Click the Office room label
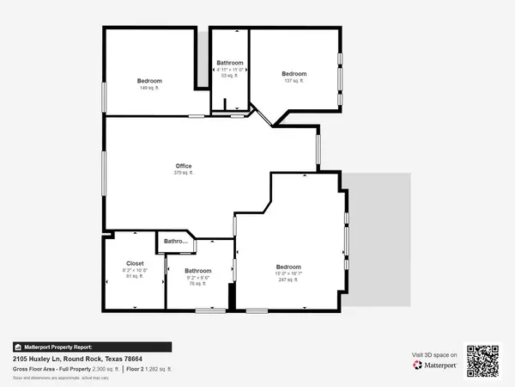tap(183, 166)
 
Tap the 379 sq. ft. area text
tap(183, 173)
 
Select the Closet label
tap(135, 263)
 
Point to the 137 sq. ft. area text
tap(294, 81)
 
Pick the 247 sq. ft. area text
tap(287, 279)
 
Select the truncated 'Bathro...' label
tap(176, 242)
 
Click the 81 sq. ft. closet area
tap(135, 277)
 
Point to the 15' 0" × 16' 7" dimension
tap(287, 273)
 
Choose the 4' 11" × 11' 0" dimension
tap(230, 70)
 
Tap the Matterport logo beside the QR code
tap(433, 365)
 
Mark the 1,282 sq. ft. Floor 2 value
tap(159, 368)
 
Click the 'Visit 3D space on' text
tap(434, 354)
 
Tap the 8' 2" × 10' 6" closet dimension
tap(135, 270)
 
